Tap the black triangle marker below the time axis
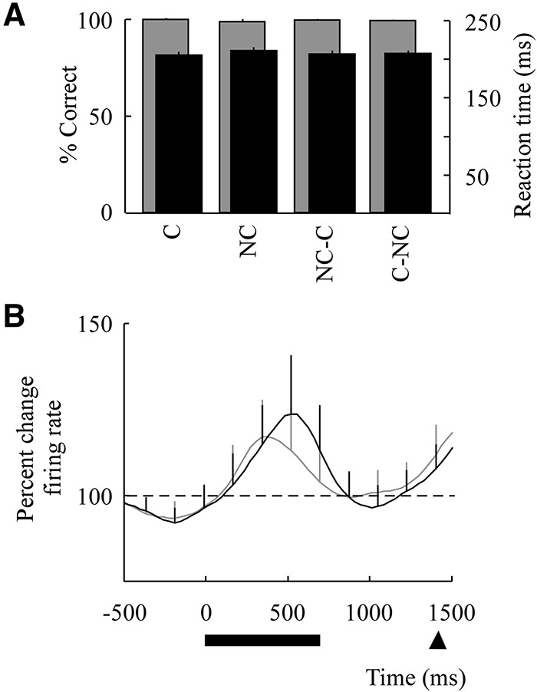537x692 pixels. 437,640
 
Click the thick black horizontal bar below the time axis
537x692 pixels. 262,640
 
